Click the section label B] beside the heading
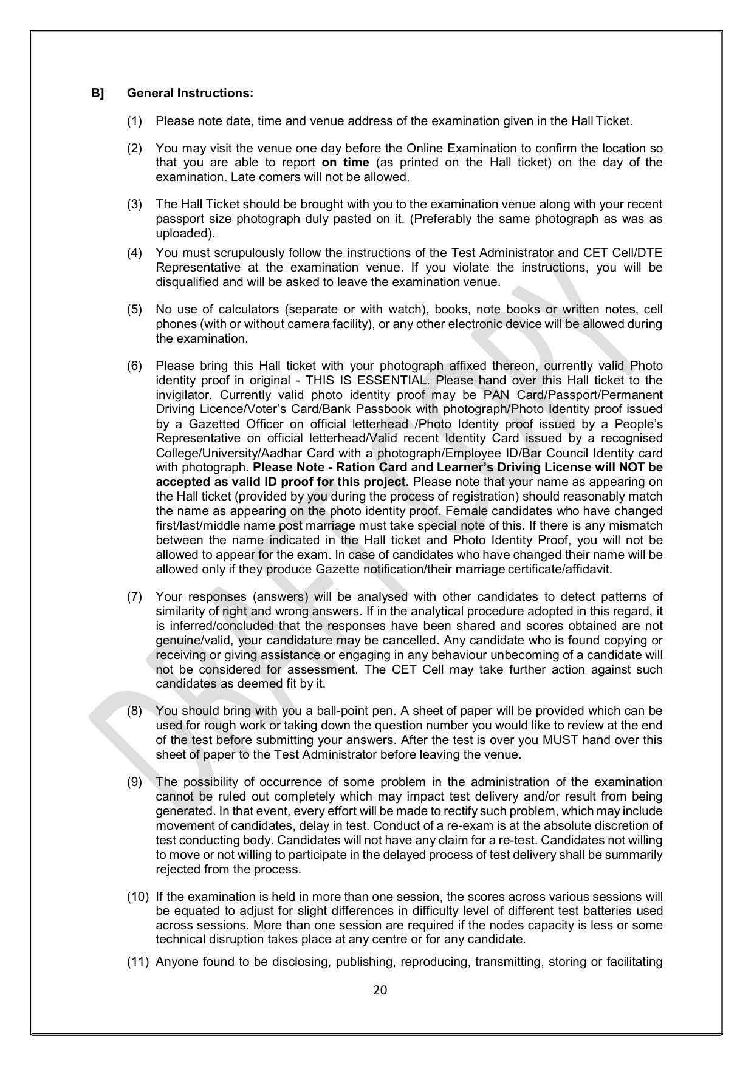coord(98,93)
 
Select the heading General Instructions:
coord(190,93)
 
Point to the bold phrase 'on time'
coord(345,162)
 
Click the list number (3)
coord(134,204)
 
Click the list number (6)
coord(134,366)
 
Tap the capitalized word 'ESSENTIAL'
coord(397,380)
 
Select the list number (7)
coord(134,596)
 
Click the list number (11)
coord(137,962)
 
